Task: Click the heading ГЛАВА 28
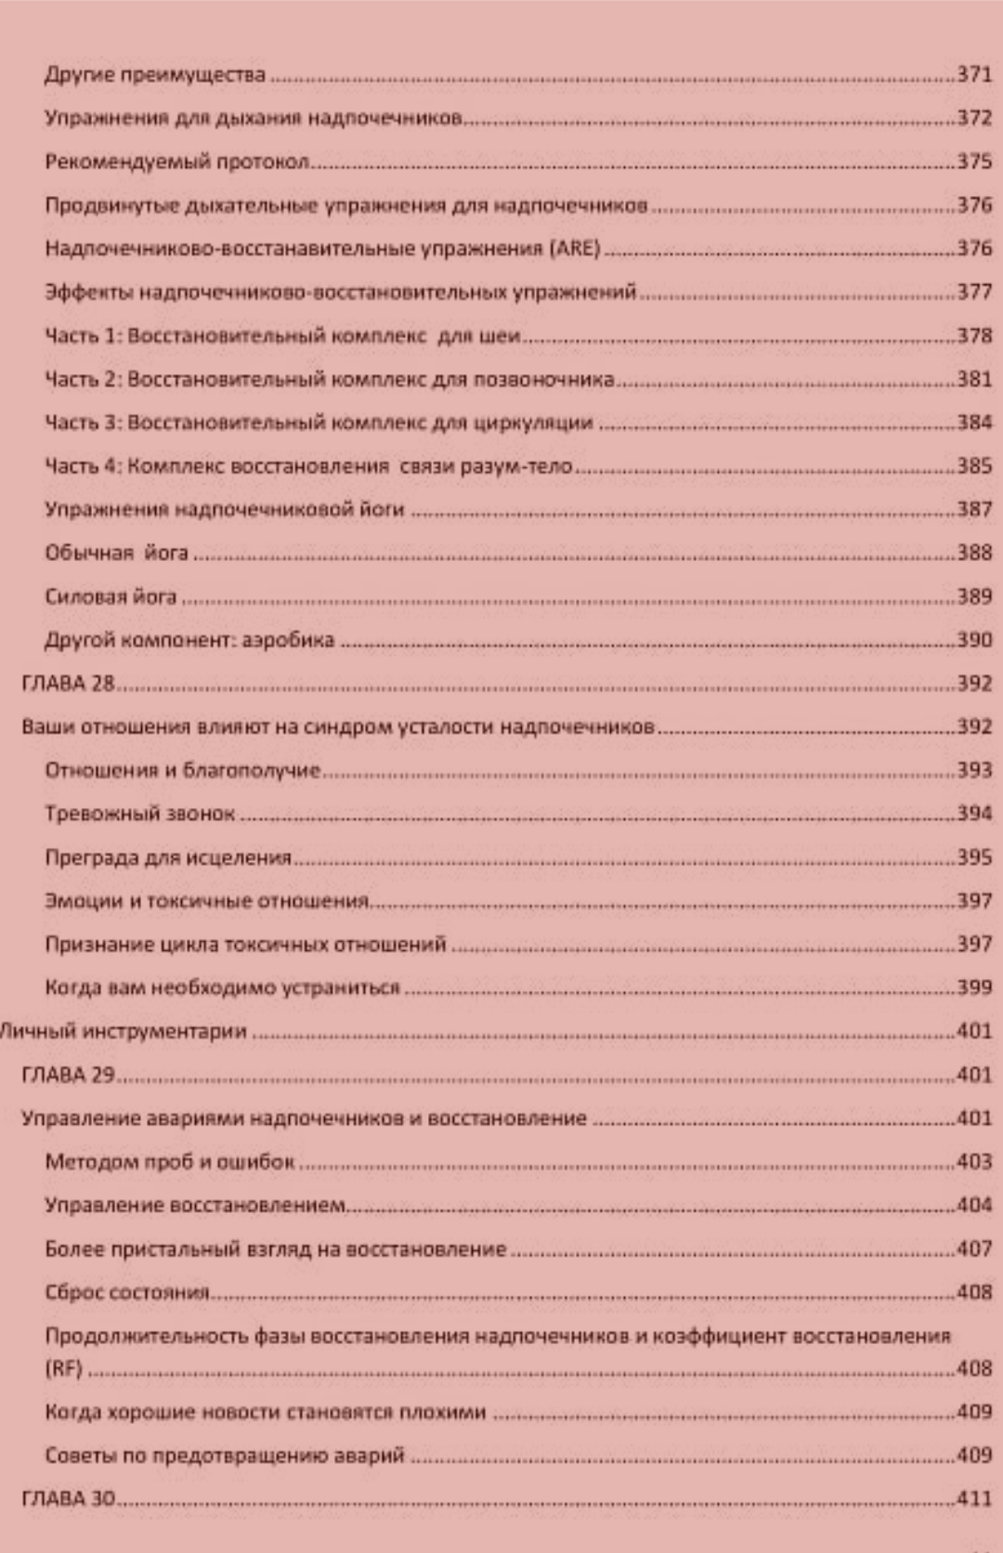[68, 684]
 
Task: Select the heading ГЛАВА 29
[68, 1075]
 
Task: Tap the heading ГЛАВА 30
[68, 1498]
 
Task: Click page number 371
[974, 74]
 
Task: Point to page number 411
[974, 1498]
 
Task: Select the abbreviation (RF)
[63, 1368]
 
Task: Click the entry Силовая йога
[111, 596]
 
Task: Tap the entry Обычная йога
[116, 553]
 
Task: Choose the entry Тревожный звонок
[139, 814]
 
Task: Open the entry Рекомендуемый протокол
[176, 162]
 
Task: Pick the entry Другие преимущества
[155, 74]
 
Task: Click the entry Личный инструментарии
[124, 1031]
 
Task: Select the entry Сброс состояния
[127, 1292]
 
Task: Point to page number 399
[974, 987]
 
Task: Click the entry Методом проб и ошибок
[169, 1162]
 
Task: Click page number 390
[974, 640]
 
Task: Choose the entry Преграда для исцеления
[168, 857]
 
